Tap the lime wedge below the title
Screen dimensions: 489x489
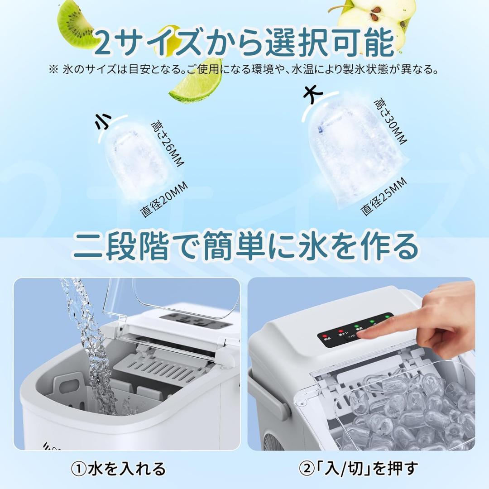click(x=197, y=84)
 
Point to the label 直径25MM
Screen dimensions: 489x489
click(x=383, y=197)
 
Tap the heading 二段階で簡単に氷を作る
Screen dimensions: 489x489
click(x=244, y=246)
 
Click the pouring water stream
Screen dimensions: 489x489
click(x=91, y=344)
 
